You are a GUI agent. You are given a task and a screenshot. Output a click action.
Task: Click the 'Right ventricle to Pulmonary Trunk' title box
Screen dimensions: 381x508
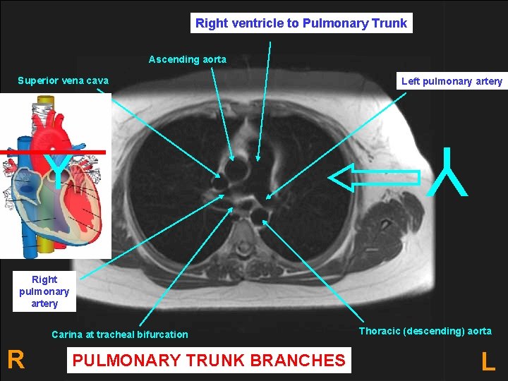[301, 23]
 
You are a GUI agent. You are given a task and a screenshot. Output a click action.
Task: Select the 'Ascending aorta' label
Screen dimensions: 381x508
[188, 59]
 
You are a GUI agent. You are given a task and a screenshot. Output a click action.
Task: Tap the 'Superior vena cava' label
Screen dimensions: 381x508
[63, 80]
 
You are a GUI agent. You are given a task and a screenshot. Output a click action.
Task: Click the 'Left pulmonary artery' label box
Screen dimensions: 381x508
[452, 81]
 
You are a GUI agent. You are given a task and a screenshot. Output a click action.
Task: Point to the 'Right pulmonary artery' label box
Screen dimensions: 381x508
[44, 291]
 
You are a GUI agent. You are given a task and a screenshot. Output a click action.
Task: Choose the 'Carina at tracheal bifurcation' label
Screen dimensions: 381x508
[120, 334]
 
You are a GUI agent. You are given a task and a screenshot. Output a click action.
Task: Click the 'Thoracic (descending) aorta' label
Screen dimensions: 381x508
[425, 331]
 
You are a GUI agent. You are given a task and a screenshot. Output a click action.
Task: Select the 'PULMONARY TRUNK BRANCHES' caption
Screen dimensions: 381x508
[209, 361]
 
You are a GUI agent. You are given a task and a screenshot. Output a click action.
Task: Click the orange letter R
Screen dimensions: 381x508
[16, 360]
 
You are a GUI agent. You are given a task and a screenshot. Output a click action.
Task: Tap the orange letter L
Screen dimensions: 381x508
[488, 362]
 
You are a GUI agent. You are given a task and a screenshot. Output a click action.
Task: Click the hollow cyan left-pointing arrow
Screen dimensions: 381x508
[374, 178]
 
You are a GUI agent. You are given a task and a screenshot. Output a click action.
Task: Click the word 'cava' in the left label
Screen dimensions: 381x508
[97, 80]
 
